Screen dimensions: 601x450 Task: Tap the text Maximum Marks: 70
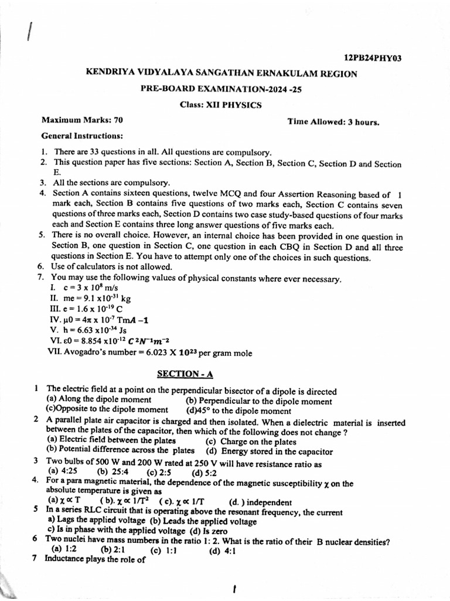click(82, 120)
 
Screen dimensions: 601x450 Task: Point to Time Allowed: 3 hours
click(333, 122)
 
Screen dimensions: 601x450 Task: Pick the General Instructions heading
click(82, 136)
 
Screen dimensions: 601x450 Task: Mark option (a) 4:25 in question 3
click(62, 471)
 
